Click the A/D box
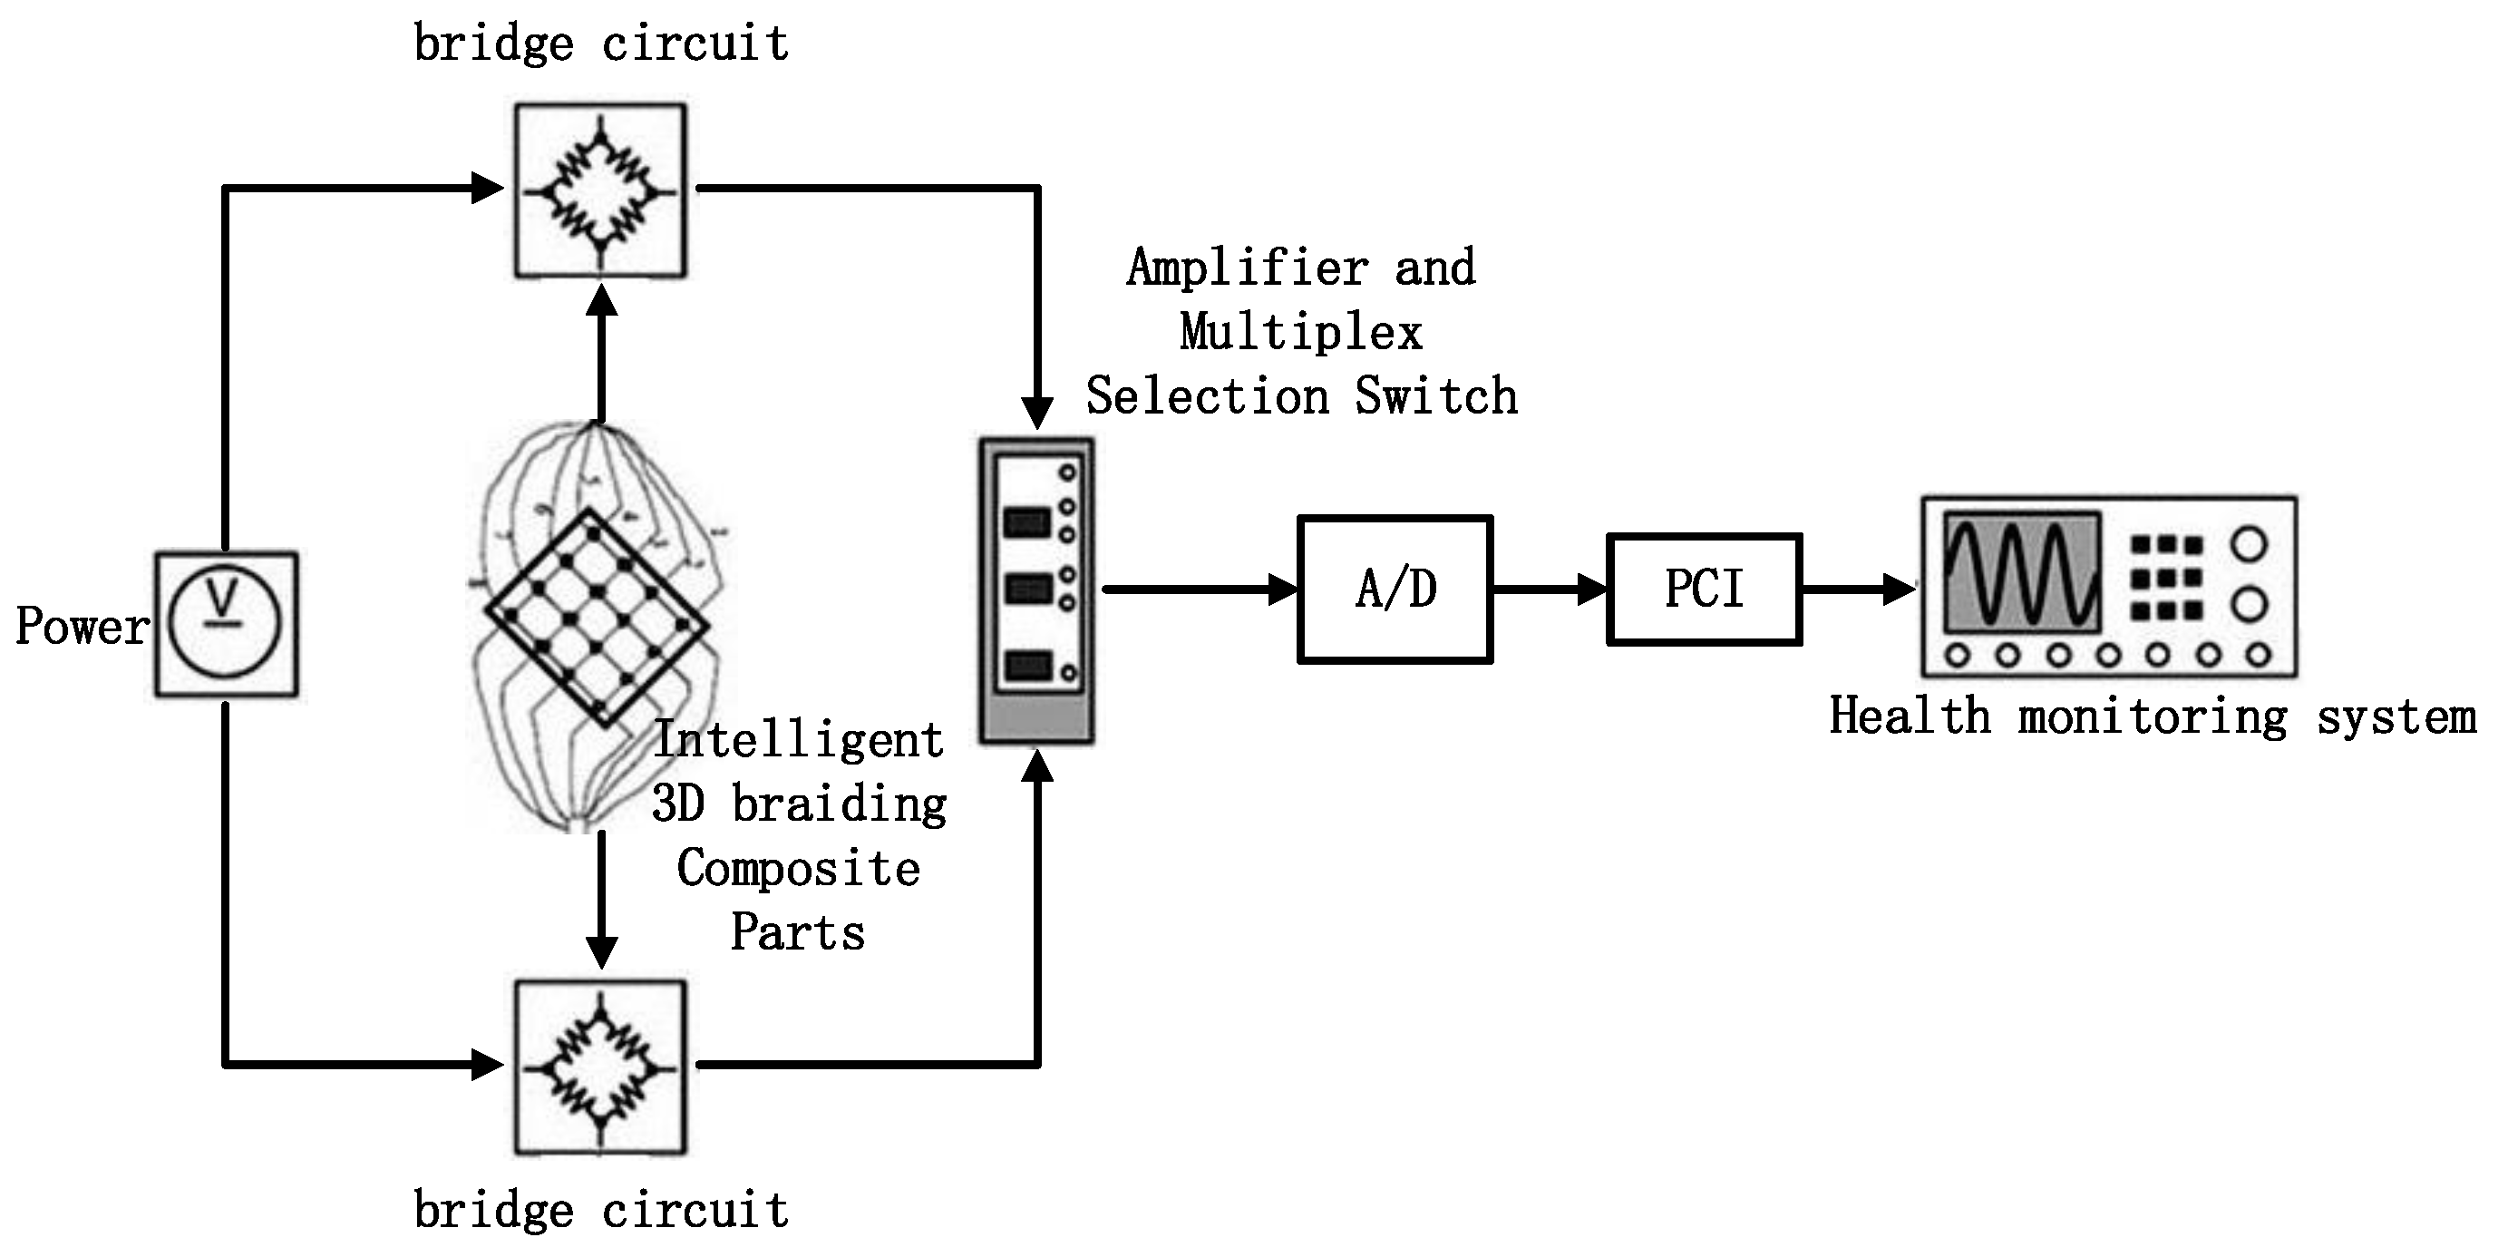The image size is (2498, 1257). tap(1395, 589)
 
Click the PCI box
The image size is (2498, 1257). tap(1704, 589)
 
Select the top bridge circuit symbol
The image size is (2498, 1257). tap(600, 191)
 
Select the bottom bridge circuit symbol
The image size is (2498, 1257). tap(600, 1067)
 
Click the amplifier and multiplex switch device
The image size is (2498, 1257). tap(1035, 590)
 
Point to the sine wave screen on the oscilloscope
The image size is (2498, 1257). tap(2022, 573)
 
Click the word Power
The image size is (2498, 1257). tap(82, 627)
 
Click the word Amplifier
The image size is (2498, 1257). tap(1247, 268)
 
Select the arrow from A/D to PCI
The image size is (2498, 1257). tap(1550, 589)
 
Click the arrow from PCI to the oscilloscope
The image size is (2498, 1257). tap(1857, 589)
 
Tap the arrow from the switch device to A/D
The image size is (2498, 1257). tap(1200, 589)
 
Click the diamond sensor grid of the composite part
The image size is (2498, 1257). tap(597, 619)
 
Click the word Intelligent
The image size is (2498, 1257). tap(798, 741)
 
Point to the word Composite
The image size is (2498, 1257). tap(798, 868)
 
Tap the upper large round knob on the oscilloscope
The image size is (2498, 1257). tap(2249, 544)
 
